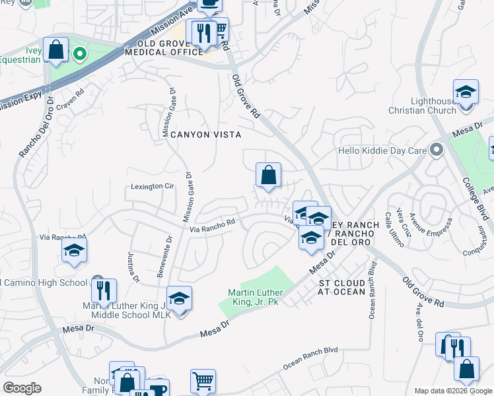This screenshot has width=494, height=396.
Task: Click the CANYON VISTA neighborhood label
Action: pyautogui.click(x=205, y=135)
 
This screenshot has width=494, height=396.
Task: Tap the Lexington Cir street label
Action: pyautogui.click(x=151, y=187)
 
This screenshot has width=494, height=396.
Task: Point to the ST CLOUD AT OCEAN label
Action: pyautogui.click(x=341, y=287)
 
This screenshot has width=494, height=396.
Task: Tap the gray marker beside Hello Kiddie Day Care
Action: pyautogui.click(x=435, y=150)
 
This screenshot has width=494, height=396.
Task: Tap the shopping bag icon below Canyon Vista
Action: pyautogui.click(x=268, y=176)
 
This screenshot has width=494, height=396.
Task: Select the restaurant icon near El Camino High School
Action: pyautogui.click(x=104, y=290)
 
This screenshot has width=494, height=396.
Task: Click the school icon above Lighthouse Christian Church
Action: pyautogui.click(x=466, y=92)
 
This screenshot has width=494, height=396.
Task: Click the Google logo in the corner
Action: pyautogui.click(x=22, y=388)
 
